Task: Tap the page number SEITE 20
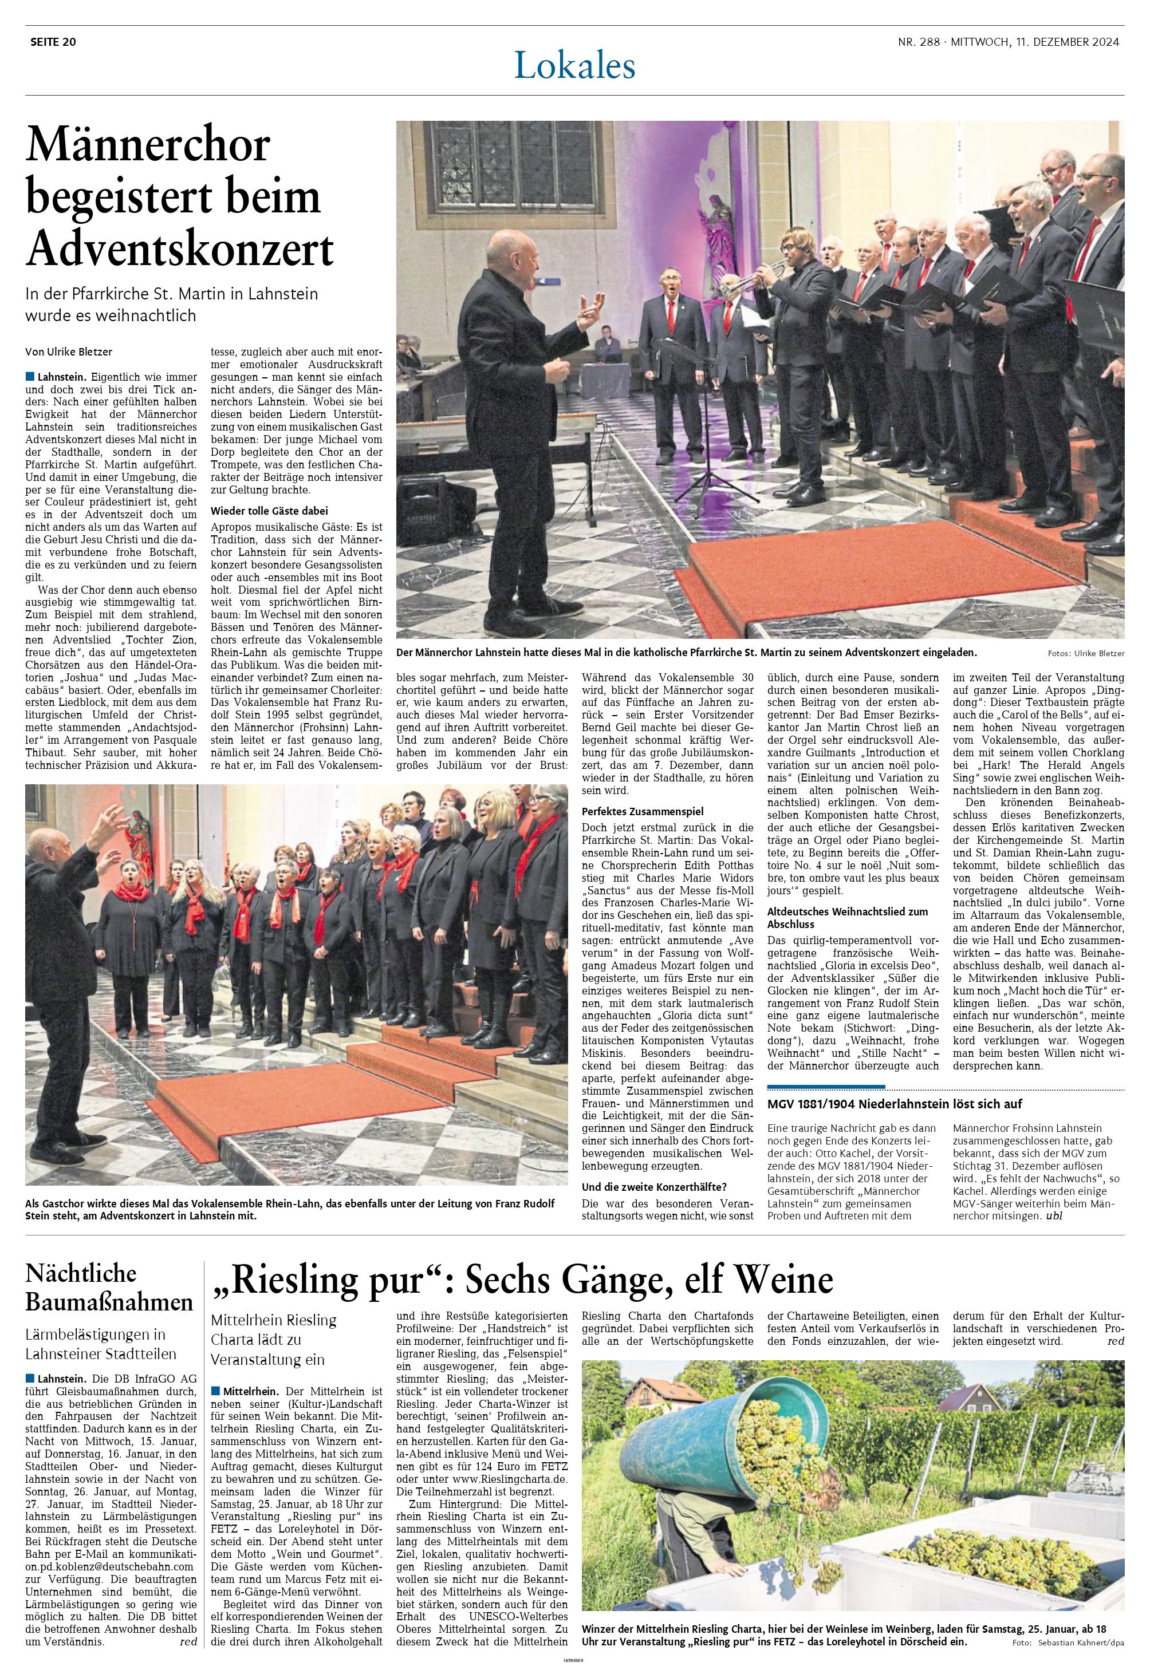coord(53,42)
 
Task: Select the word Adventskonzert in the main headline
coord(180,248)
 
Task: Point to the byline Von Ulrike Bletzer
coord(69,352)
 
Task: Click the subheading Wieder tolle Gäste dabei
coord(269,511)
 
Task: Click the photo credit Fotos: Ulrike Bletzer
coord(1086,653)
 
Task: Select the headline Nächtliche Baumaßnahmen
coord(109,1287)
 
